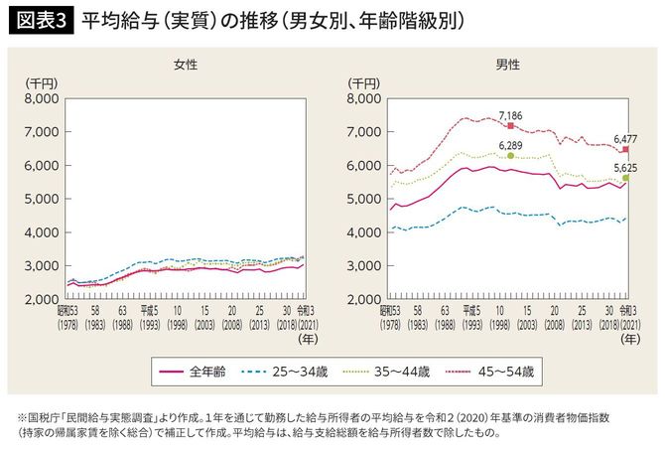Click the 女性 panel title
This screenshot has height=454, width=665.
coord(185,64)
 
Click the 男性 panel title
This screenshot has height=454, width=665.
coord(508,64)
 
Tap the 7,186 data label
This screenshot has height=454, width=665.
coord(510,115)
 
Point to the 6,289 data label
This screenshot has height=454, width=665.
coord(510,144)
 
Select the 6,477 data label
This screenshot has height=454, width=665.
coord(626,138)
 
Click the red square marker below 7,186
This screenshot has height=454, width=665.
coord(510,126)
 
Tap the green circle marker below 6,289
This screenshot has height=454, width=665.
coord(510,156)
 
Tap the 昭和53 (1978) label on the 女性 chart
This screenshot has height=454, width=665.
coord(68,317)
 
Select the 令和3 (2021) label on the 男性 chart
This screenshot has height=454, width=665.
coord(626,317)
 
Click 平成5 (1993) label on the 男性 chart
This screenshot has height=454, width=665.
coord(471,317)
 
